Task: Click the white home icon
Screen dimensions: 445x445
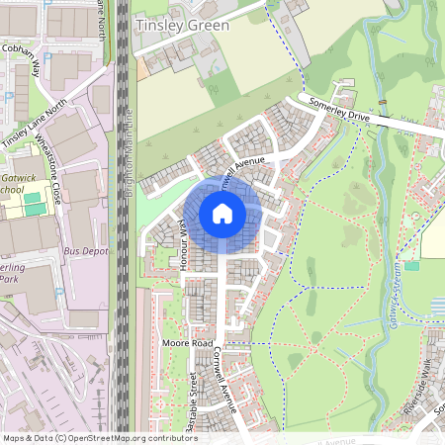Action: click(222, 214)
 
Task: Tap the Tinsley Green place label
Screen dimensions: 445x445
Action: click(182, 25)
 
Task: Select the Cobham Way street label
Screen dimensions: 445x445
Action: click(20, 58)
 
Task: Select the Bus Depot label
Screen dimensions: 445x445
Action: click(85, 252)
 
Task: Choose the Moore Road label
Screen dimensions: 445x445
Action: click(187, 343)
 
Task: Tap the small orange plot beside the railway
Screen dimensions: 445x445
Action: click(143, 67)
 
